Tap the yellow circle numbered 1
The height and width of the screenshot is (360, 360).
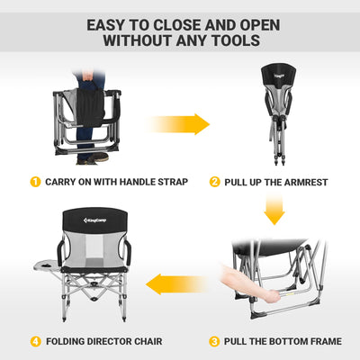[x=34, y=182]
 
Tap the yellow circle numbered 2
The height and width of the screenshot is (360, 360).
[x=215, y=182]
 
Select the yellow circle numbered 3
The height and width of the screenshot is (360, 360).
[x=214, y=341]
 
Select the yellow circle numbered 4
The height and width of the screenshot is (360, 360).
[x=34, y=341]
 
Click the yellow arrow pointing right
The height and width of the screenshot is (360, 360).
[x=180, y=123]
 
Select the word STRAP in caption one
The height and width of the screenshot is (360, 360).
[x=169, y=182]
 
